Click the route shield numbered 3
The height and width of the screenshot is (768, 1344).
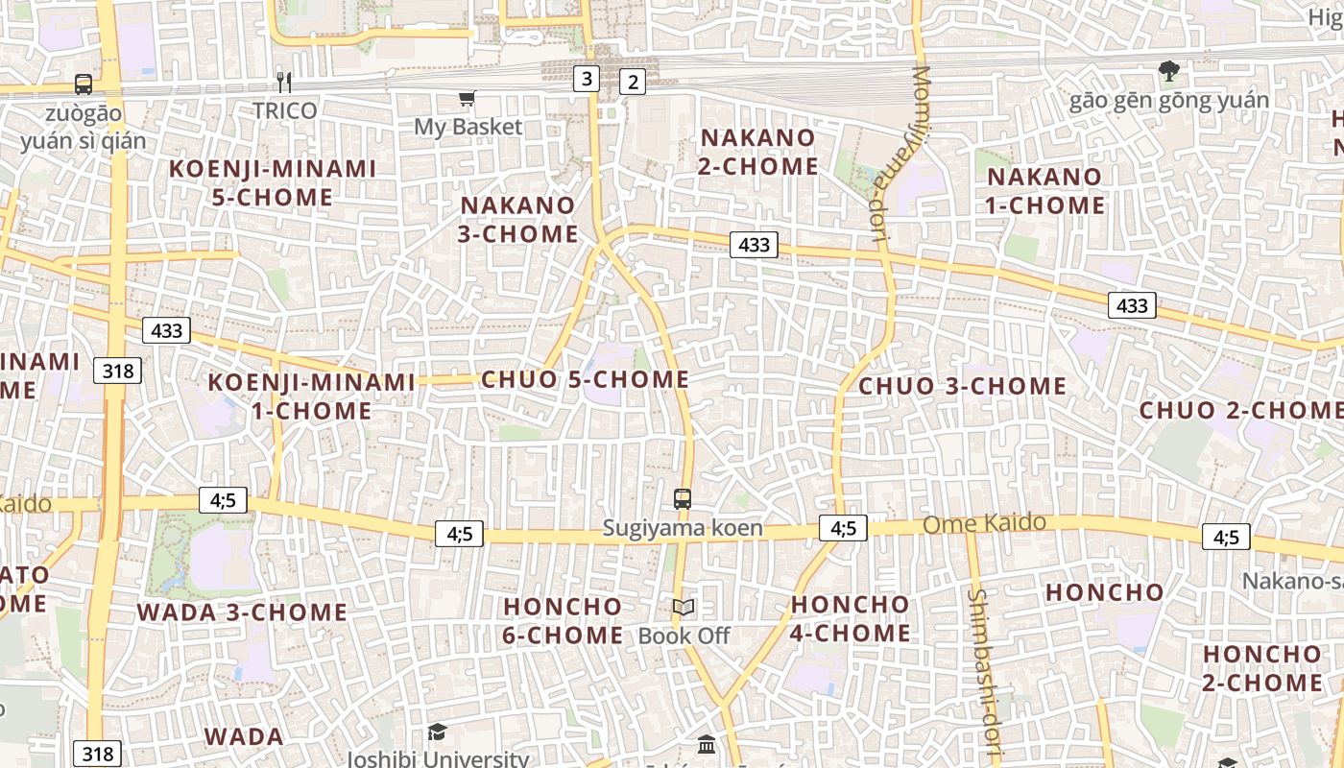tap(587, 79)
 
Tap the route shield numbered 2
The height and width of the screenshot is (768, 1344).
tap(632, 83)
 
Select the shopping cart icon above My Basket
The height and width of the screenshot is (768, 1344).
tap(467, 98)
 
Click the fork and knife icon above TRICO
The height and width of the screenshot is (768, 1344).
tap(284, 82)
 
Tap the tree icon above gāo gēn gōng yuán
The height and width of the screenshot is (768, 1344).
tap(1168, 70)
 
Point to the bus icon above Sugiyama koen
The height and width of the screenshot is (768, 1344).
tap(683, 499)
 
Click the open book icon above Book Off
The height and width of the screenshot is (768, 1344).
tap(684, 608)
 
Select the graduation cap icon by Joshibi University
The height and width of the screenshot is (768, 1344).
tap(437, 732)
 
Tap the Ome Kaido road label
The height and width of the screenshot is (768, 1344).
tap(984, 524)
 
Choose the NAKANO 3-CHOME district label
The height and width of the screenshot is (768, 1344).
tap(519, 220)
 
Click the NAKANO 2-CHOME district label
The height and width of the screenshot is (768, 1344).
tap(758, 152)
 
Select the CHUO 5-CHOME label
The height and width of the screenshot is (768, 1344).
tap(586, 379)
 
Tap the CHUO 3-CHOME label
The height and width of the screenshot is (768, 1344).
tap(962, 386)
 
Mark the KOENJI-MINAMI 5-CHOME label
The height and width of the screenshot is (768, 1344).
tap(274, 183)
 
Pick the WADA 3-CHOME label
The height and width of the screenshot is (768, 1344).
tap(242, 612)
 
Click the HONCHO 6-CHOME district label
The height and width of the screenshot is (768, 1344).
tap(563, 621)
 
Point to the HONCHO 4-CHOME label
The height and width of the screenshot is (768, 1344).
tap(850, 619)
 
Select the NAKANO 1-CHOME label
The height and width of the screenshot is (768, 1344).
tap(1045, 191)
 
